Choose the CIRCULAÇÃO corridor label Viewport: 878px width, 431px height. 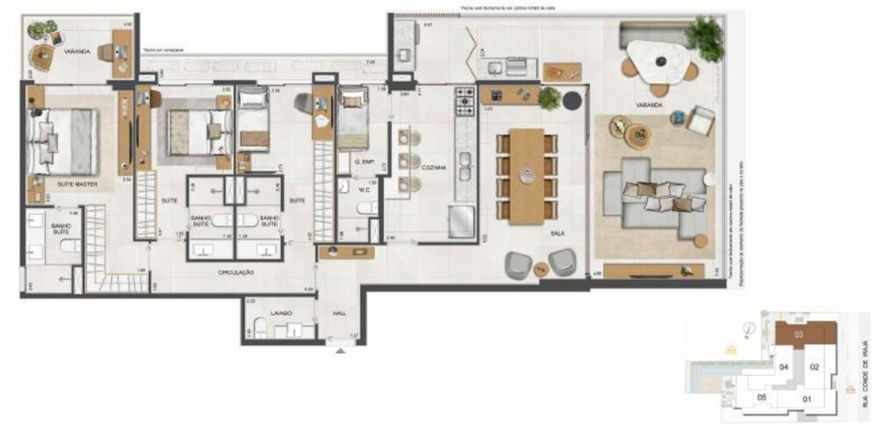pos(236,273)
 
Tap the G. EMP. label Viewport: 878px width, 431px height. pos(365,163)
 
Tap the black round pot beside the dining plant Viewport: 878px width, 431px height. pos(572,100)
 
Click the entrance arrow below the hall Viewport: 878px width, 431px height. pos(341,351)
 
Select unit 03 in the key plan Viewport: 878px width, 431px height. pos(799,334)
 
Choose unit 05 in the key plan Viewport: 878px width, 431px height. pos(763,397)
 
